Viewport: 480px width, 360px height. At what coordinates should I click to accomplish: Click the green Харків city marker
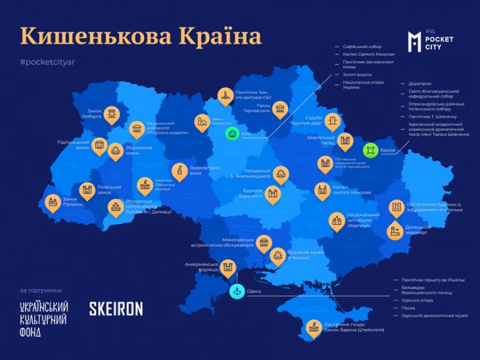point(370,150)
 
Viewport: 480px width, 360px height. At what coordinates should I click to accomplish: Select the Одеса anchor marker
point(234,291)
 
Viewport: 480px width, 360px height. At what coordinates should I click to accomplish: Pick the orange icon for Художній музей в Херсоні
point(277,257)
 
